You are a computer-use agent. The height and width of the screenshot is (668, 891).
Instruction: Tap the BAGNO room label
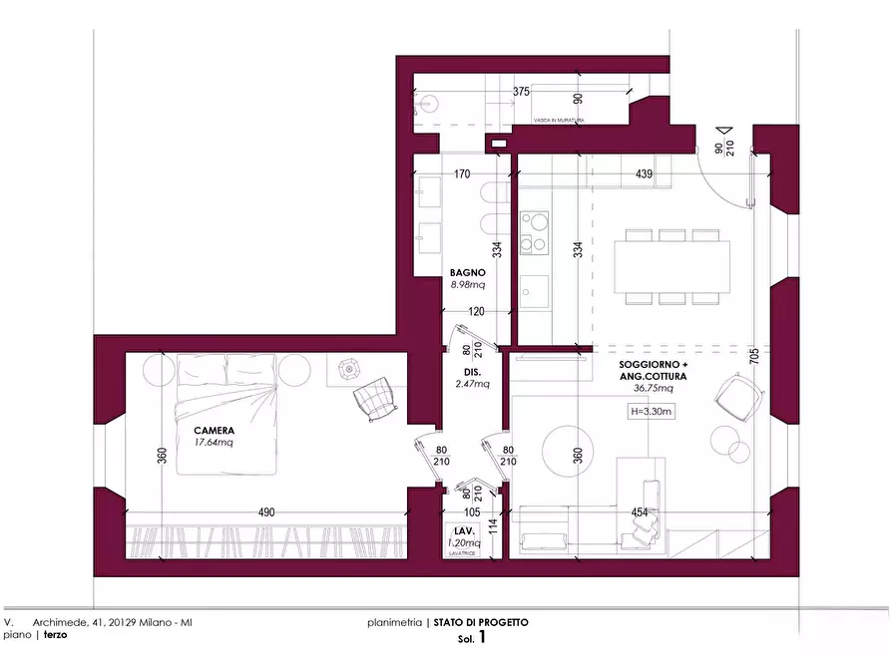click(467, 272)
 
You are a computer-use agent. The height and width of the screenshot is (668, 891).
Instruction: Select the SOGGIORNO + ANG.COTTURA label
click(653, 372)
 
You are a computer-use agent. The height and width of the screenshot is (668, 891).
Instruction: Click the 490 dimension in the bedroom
click(266, 511)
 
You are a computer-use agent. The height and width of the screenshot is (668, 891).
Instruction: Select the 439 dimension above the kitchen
click(644, 174)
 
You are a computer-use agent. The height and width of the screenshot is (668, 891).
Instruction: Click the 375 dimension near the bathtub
click(521, 92)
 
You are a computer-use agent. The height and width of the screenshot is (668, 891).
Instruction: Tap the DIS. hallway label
click(472, 371)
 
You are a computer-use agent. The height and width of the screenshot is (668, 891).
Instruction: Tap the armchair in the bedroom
click(376, 398)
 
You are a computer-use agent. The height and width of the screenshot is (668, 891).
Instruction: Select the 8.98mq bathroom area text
click(467, 284)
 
